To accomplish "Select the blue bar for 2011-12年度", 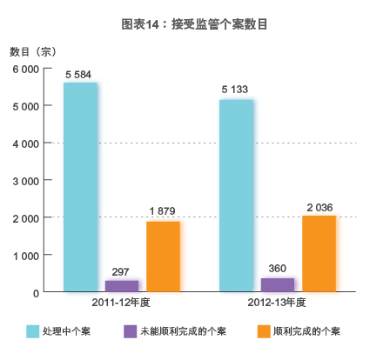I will coord(80,187).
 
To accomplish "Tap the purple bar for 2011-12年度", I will coord(122,285).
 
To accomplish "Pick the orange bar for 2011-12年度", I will coord(163,257).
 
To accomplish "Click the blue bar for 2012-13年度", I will coord(236,196).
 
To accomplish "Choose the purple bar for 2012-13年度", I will coord(278,284).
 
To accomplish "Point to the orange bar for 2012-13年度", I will coord(319,253).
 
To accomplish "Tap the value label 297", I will coord(122,271).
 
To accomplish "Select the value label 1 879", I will coord(163,212).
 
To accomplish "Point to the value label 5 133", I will coord(236,90).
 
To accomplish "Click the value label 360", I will coord(278,269).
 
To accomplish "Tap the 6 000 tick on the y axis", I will coord(24,69).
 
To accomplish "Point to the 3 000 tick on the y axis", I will coord(24,181).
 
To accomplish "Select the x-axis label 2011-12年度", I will coord(122,303).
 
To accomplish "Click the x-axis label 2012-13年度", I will coord(278,303).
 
